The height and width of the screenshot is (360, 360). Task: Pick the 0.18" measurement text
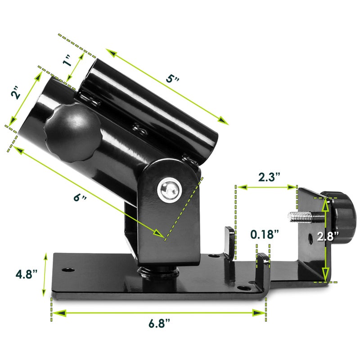265,234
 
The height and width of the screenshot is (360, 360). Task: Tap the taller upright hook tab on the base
229,243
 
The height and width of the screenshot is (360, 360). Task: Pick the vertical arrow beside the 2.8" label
325,238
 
